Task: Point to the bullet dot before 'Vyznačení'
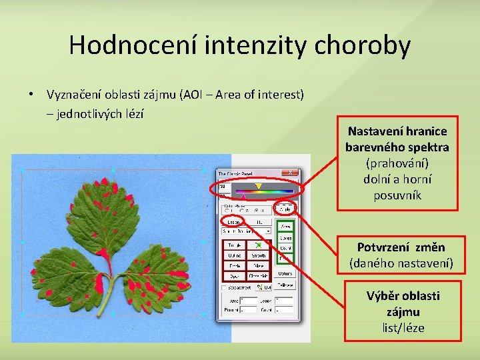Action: coord(31,95)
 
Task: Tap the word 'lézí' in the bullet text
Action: coord(133,113)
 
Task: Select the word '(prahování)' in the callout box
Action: coord(397,163)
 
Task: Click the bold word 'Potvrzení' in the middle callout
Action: coord(381,248)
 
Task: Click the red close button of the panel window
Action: coord(290,173)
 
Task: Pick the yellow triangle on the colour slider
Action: coord(258,187)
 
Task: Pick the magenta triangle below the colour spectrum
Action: coord(243,197)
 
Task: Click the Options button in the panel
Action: coord(285,273)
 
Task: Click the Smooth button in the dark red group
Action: coord(258,255)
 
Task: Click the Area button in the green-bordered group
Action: coord(285,227)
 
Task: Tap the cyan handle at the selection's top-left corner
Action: coord(23,171)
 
